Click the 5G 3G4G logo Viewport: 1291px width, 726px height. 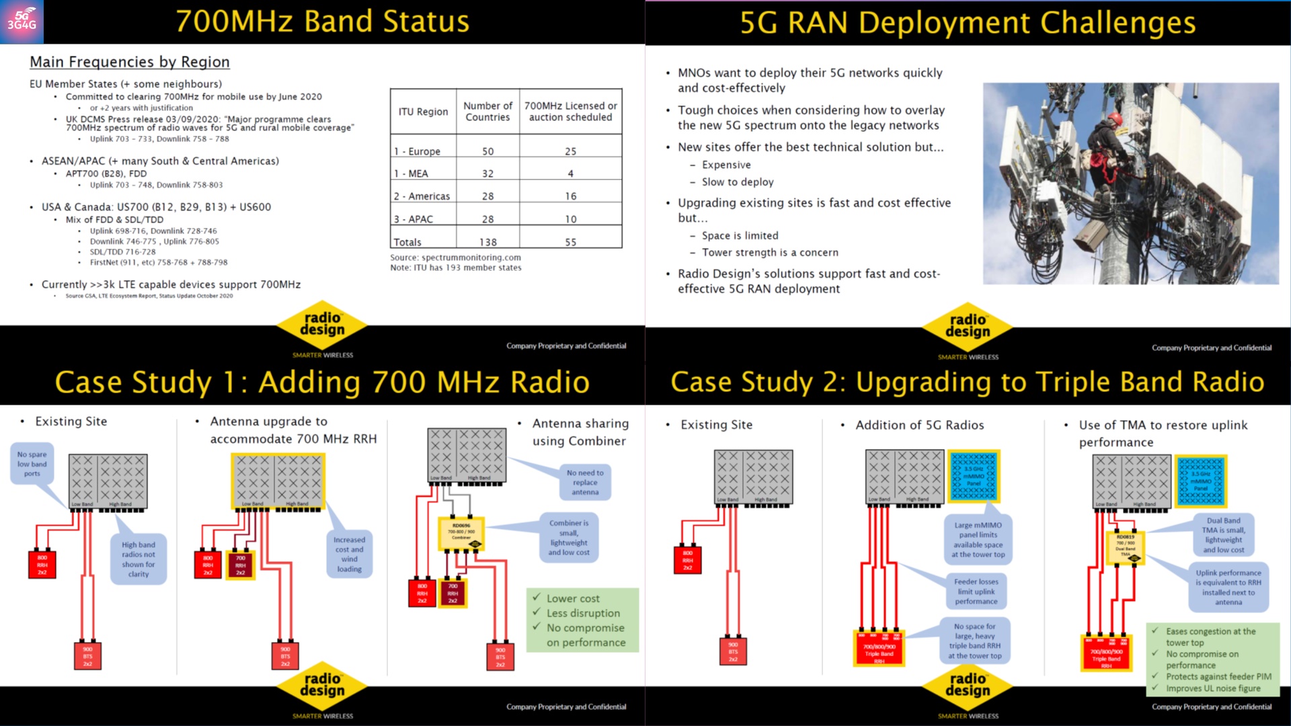(x=22, y=22)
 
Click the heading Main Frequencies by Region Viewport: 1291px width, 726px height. (x=130, y=62)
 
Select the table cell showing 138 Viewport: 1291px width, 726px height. (x=487, y=242)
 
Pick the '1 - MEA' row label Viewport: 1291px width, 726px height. (x=411, y=173)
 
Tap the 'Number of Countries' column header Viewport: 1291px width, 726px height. (x=487, y=112)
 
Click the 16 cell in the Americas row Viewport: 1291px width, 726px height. (x=570, y=196)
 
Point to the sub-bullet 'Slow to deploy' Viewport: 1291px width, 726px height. (x=738, y=182)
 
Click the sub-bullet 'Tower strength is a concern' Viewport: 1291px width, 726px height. (x=770, y=253)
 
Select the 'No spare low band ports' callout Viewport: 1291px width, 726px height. (x=32, y=465)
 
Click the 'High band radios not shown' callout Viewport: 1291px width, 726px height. (x=139, y=559)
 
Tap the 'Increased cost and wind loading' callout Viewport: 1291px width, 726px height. (x=349, y=554)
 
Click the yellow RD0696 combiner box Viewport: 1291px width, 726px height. (x=461, y=532)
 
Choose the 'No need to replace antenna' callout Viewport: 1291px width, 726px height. (x=585, y=482)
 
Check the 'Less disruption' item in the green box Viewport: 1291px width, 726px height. (x=583, y=613)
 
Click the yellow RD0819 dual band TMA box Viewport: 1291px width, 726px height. (x=1125, y=547)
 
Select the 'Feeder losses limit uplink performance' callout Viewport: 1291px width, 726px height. (x=976, y=592)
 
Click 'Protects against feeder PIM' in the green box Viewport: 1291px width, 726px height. (x=1218, y=677)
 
